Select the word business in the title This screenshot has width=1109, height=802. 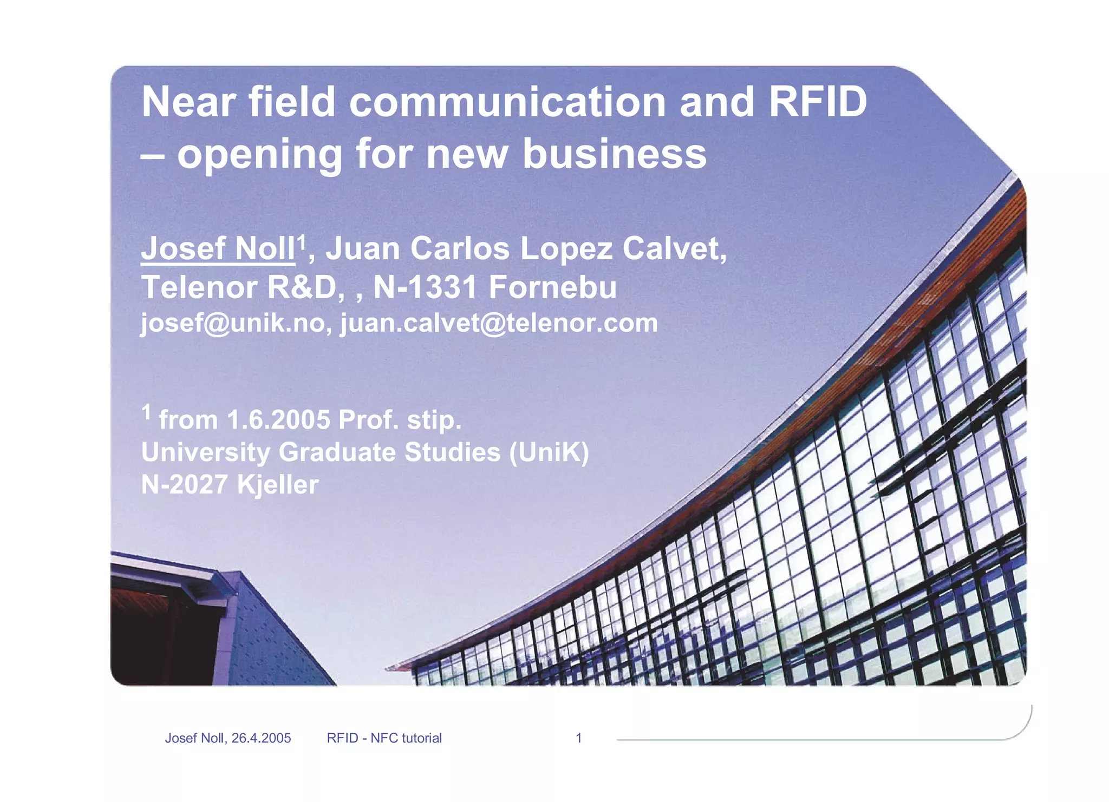(614, 154)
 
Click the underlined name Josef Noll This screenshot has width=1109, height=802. (218, 249)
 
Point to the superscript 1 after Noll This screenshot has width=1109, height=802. (301, 241)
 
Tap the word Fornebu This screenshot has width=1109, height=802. (552, 287)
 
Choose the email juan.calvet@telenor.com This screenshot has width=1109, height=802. (499, 323)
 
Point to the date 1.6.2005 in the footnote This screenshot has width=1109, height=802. (278, 420)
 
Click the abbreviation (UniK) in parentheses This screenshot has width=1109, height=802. (549, 452)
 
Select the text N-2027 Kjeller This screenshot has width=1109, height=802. (230, 484)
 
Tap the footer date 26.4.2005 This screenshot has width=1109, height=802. (261, 738)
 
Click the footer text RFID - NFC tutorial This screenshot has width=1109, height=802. (384, 738)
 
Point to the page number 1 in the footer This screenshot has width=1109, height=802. (578, 738)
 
